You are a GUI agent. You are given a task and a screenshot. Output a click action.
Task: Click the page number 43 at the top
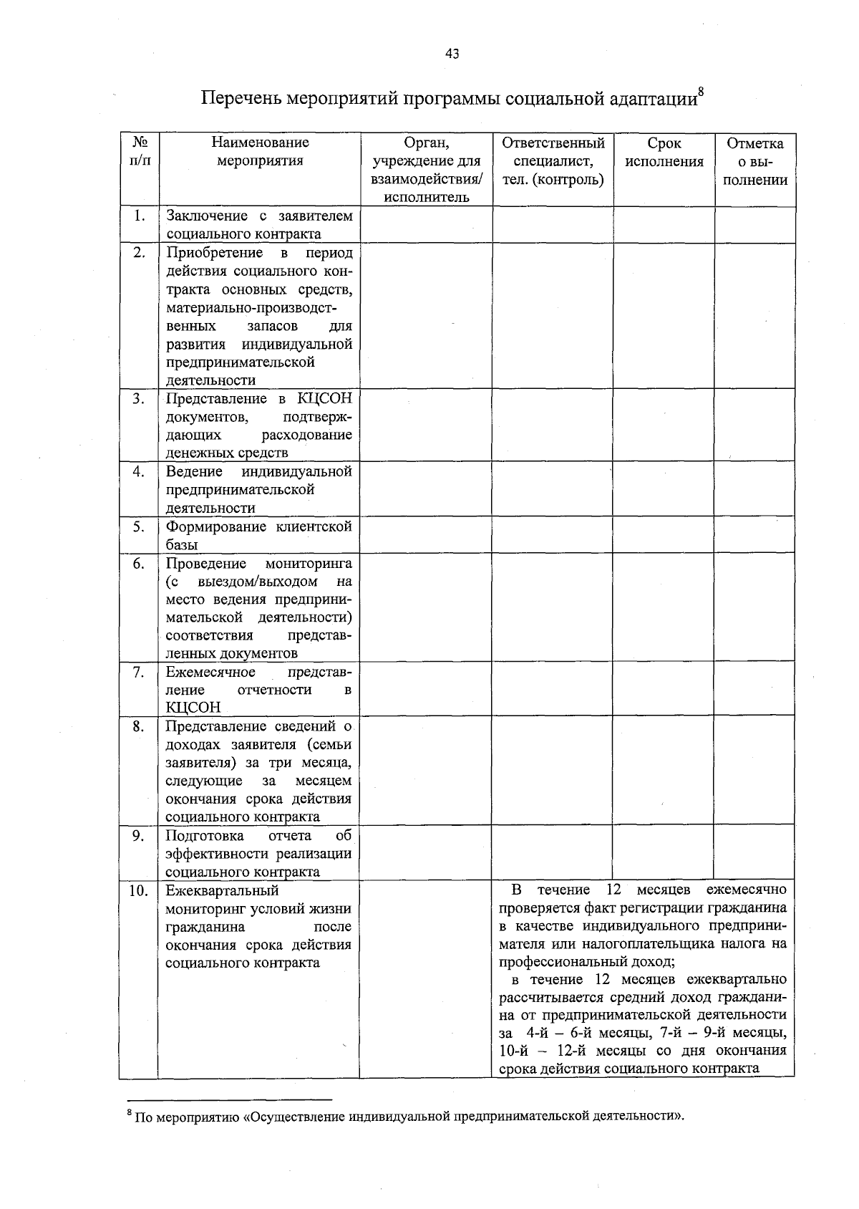(452, 54)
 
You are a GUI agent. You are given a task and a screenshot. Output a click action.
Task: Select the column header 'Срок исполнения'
(664, 153)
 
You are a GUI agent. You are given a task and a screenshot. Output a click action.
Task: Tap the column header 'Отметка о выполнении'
(754, 162)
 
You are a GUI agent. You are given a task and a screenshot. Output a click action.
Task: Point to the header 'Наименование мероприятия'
(260, 152)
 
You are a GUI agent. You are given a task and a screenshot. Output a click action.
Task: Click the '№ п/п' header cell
(140, 152)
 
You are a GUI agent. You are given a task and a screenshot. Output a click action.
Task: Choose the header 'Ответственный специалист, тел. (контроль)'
(553, 162)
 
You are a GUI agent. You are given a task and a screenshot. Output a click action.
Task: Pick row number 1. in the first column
(140, 216)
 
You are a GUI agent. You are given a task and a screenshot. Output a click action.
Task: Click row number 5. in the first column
(140, 527)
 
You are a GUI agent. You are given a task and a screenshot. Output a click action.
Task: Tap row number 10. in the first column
(139, 891)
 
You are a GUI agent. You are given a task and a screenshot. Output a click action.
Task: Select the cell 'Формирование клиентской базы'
(259, 536)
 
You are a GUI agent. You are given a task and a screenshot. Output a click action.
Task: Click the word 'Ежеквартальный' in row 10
(223, 891)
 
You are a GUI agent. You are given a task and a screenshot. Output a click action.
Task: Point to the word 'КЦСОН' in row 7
(193, 708)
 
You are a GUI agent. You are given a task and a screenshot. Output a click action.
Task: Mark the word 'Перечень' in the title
(241, 98)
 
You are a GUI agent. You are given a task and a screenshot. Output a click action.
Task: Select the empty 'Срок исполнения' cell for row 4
(664, 489)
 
